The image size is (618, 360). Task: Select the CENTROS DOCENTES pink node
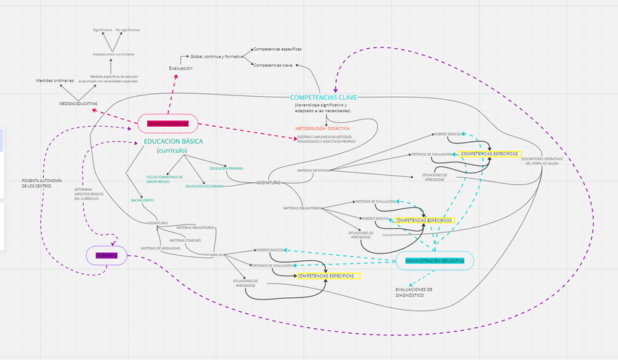point(167,123)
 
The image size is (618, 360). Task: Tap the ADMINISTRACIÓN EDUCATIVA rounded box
point(434,261)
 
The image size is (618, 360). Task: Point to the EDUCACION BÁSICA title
point(173,141)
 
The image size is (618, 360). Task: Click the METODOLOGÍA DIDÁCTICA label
point(323,128)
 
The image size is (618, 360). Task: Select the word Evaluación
point(181,69)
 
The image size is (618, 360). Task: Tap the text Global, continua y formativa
point(216,56)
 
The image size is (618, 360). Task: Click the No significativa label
point(128,30)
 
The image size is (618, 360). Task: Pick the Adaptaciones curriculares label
point(114,54)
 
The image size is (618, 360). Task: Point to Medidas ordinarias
point(55,80)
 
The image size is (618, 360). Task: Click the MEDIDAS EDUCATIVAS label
point(78,104)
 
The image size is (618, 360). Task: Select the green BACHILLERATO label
point(142,199)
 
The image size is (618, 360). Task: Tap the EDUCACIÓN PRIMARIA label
point(226,168)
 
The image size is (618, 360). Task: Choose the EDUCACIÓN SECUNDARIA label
point(204,186)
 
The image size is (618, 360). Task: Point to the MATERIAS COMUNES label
point(186,240)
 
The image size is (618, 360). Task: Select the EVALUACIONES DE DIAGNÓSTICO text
point(409,291)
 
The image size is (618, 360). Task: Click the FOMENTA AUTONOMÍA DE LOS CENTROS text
point(42,183)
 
